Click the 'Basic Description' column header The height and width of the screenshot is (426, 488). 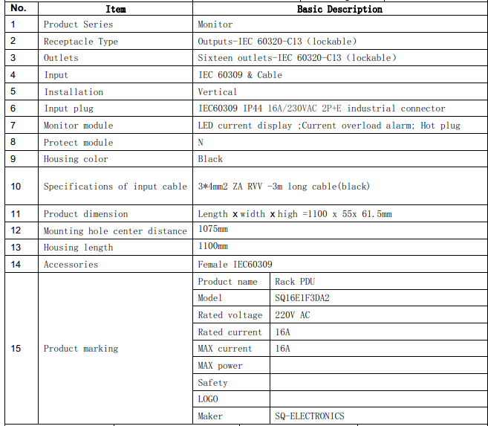(x=339, y=10)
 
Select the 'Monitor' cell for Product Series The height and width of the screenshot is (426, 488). (x=215, y=25)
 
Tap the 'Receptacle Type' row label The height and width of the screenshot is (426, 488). (x=80, y=42)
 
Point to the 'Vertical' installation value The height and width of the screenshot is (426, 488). (x=218, y=92)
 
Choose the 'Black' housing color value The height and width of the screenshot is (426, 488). (x=210, y=159)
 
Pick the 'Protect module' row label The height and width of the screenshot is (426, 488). (x=78, y=143)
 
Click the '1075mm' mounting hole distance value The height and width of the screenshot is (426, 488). (x=213, y=230)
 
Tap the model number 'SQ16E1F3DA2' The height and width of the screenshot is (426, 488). (x=302, y=298)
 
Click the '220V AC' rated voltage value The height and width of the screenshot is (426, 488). (x=293, y=315)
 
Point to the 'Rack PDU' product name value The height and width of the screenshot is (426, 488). (x=295, y=282)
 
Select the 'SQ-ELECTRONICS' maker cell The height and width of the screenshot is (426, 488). (x=310, y=416)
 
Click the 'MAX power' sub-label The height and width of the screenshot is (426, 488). (x=220, y=366)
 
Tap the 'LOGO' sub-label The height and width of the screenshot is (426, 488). (x=208, y=399)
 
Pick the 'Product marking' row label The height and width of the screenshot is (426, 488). (x=80, y=349)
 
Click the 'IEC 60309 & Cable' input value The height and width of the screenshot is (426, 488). (x=240, y=75)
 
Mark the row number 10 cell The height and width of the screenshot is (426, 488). (x=16, y=186)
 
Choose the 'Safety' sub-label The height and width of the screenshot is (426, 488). (x=212, y=383)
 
